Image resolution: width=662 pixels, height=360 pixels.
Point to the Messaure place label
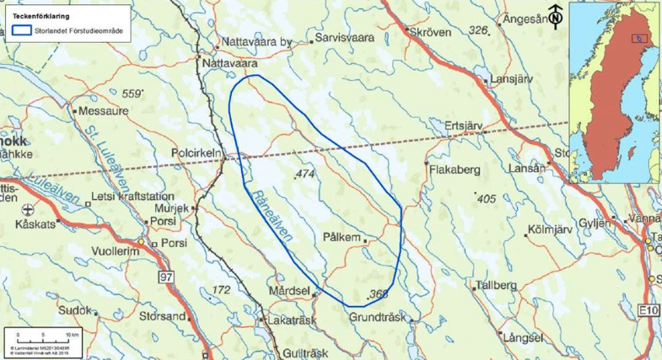click(105, 110)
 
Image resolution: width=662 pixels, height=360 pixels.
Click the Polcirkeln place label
click(196, 153)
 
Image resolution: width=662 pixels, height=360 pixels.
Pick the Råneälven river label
click(272, 213)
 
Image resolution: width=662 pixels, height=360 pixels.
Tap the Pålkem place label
click(342, 239)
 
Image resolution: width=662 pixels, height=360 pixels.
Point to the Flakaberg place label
click(455, 169)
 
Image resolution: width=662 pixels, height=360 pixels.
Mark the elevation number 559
click(132, 93)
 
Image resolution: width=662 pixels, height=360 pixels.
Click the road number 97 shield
click(166, 277)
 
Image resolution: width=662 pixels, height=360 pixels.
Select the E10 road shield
click(648, 312)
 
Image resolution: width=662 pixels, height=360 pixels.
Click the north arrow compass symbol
click(556, 14)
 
